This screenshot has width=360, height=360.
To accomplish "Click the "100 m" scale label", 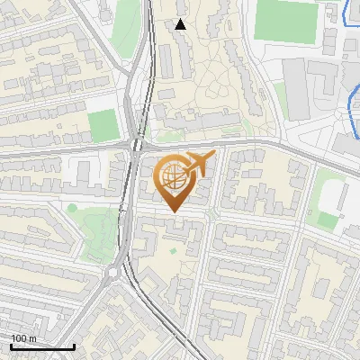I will tap(22, 338).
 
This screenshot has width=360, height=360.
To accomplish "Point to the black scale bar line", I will tap(42, 346).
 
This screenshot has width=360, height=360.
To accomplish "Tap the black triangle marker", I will tap(181, 24).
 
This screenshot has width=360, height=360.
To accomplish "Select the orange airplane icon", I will tap(199, 165).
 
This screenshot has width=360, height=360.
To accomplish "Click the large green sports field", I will tap(287, 20).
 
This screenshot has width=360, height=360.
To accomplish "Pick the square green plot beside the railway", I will tap(103, 124).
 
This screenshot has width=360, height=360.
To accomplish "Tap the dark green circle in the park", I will tap(72, 209).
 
